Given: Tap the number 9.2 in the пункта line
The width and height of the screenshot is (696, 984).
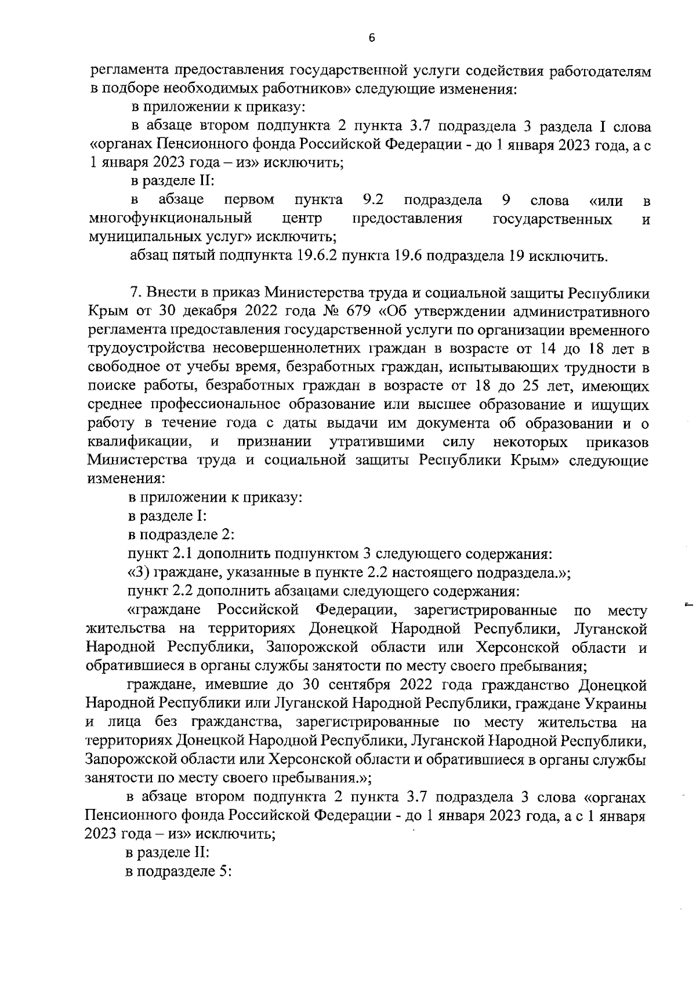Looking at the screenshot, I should pyautogui.click(x=373, y=201).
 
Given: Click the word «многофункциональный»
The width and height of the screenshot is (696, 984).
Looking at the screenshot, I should pyautogui.click(x=171, y=219).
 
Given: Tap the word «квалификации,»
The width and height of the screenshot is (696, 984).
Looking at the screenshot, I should pyautogui.click(x=140, y=442).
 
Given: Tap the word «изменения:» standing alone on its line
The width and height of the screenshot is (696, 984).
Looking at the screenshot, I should pyautogui.click(x=126, y=479).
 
